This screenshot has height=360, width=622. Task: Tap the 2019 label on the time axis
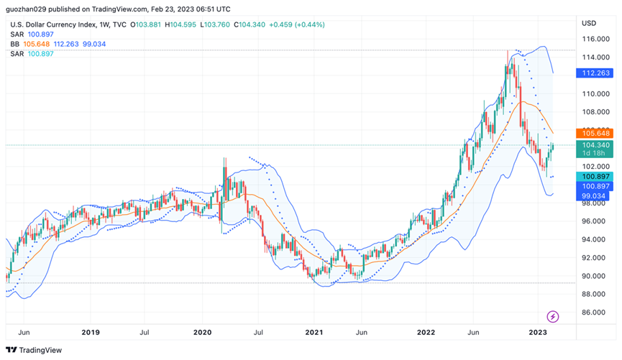91,333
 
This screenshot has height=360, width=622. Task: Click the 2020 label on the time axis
202,333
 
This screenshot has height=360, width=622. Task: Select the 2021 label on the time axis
314,333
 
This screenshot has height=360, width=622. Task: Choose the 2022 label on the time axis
426,333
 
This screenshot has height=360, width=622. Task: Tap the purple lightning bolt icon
553,316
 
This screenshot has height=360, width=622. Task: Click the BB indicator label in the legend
15,44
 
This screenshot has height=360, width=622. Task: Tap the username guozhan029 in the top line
28,9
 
